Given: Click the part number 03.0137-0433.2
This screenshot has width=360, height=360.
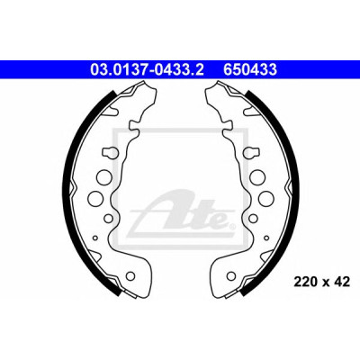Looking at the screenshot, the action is [147, 70].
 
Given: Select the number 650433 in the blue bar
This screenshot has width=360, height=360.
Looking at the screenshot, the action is [250, 70].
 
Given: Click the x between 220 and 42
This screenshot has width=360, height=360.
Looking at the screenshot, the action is [325, 283].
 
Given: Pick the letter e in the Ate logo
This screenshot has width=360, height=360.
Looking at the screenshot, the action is [220, 220].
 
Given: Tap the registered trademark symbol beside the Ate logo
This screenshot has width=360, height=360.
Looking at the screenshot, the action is [231, 226].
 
